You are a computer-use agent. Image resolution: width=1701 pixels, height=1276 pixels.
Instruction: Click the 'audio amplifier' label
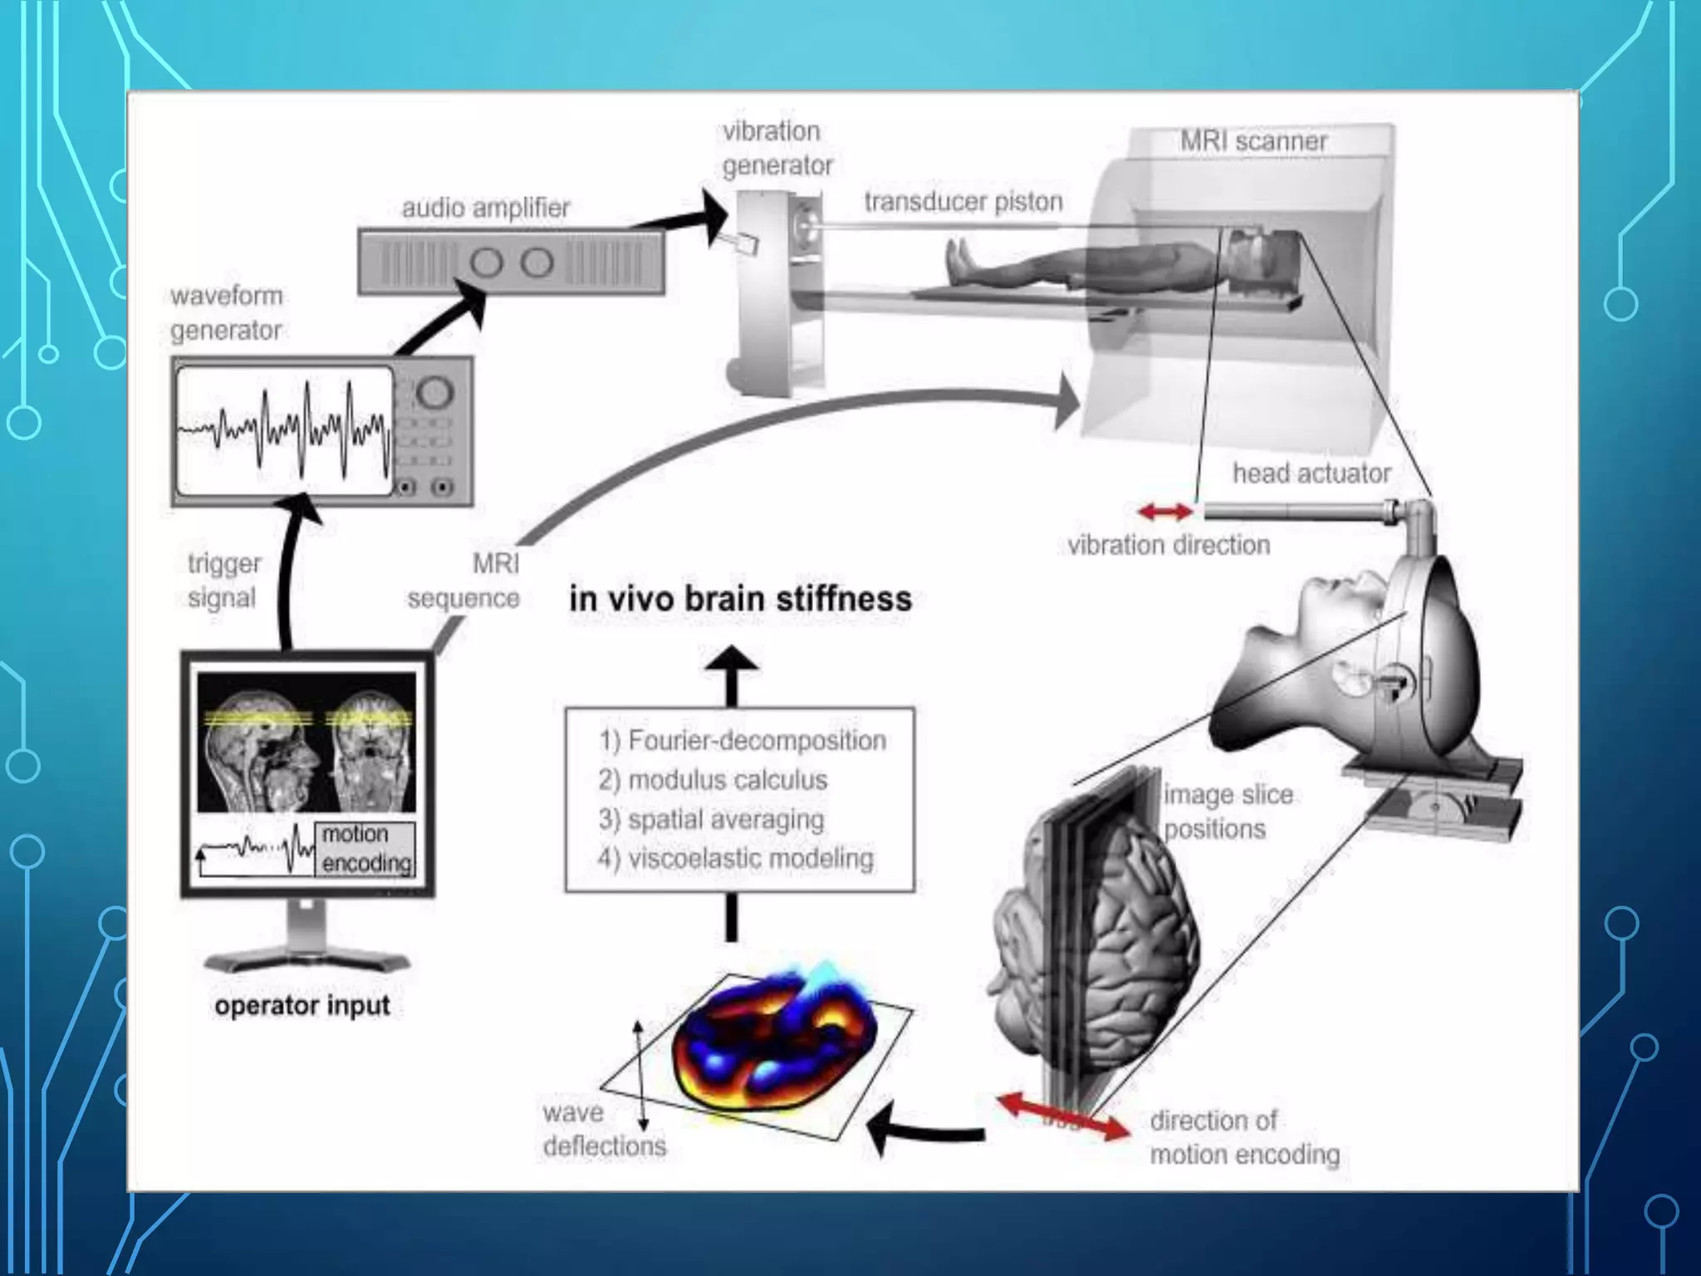[x=486, y=208]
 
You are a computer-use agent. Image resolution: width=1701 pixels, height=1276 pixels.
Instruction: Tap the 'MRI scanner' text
[x=1253, y=141]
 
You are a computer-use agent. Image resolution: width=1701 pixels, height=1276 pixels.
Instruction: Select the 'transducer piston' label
[x=963, y=202]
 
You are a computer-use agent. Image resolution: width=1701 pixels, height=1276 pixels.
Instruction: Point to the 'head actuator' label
[x=1311, y=474]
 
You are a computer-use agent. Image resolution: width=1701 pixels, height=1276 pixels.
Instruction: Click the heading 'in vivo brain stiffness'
[x=740, y=599]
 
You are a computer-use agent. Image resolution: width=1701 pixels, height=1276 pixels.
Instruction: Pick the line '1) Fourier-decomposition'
[x=743, y=740]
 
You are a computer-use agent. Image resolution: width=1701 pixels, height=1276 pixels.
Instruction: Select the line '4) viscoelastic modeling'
[x=736, y=858]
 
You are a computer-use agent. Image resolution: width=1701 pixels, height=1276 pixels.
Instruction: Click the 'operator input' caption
[x=302, y=1006]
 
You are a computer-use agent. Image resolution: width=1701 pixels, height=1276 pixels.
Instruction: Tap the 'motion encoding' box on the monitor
[x=365, y=849]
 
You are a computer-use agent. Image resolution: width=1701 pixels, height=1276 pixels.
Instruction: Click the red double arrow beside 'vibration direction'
[x=1164, y=512]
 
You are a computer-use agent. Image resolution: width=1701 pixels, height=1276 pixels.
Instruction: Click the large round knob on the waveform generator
[x=434, y=391]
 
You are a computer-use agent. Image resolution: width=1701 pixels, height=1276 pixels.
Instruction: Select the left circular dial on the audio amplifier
[x=487, y=263]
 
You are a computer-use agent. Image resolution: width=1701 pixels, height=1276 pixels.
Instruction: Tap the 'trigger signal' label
[x=223, y=581]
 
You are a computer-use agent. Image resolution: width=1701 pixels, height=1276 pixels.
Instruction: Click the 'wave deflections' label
[x=604, y=1129]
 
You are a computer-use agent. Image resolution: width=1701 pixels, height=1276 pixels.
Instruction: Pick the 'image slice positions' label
[x=1228, y=812]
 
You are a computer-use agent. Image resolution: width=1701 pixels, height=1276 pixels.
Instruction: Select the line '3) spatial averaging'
[x=711, y=819]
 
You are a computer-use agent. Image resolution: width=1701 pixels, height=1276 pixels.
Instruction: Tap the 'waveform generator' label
[x=226, y=313]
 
